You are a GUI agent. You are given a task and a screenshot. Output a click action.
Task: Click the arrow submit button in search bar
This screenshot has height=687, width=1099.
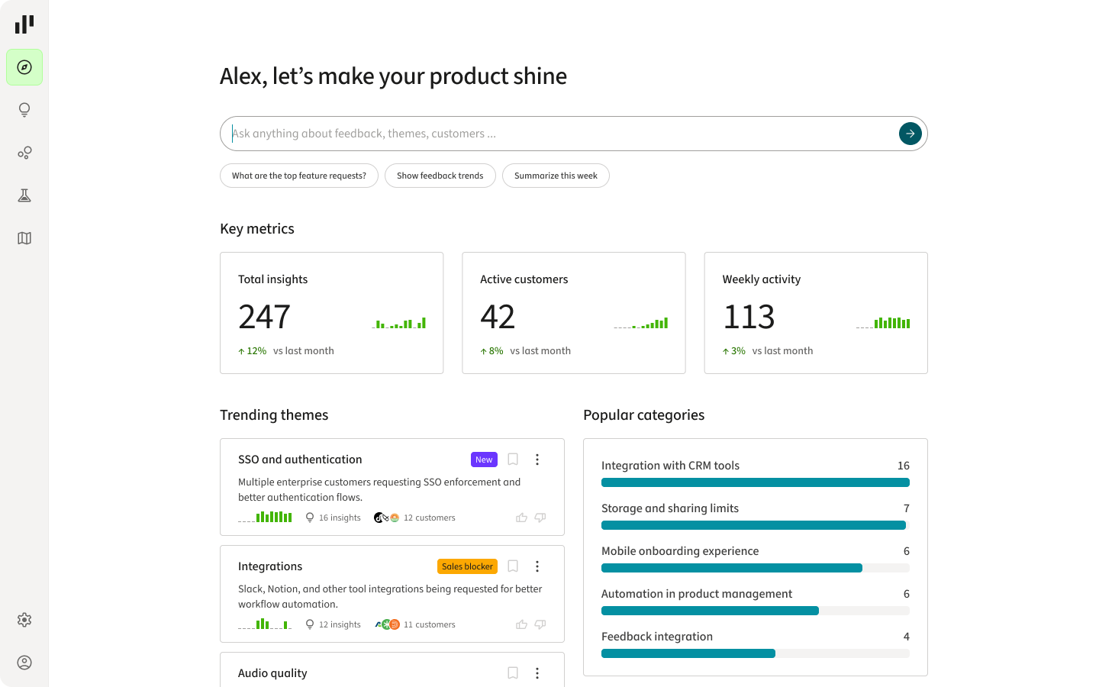(x=910, y=134)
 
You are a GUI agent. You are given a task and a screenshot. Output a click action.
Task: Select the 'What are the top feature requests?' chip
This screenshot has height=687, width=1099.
(x=299, y=176)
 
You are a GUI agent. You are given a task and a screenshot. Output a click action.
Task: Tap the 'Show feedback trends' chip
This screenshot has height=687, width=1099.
(x=440, y=176)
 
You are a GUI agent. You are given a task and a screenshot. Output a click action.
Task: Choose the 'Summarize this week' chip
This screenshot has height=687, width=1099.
(x=556, y=176)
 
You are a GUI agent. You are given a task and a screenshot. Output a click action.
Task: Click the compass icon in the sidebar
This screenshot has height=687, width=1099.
(x=24, y=67)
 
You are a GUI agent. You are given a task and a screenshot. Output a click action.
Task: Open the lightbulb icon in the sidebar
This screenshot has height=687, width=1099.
(x=24, y=110)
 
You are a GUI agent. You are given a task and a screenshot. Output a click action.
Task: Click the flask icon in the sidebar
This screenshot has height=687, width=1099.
(x=24, y=195)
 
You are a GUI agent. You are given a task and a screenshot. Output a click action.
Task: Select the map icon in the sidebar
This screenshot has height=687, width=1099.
(x=24, y=238)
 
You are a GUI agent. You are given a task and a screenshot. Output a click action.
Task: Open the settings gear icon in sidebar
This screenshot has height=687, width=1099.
(x=24, y=620)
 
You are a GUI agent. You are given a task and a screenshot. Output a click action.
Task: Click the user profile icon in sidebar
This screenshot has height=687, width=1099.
(x=24, y=663)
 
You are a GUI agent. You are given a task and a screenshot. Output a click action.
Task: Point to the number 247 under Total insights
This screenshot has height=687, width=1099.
(x=264, y=317)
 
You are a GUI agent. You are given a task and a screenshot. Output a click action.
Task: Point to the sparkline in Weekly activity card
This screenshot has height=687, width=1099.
(x=883, y=323)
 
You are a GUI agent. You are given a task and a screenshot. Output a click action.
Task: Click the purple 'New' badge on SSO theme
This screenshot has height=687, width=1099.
(x=484, y=460)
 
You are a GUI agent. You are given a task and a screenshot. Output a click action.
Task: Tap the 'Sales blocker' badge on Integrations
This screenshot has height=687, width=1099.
(x=467, y=566)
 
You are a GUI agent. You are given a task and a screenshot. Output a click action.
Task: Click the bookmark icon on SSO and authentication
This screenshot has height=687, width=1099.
(x=513, y=460)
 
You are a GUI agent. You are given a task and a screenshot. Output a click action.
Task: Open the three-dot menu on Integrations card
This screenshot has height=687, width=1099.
(x=537, y=566)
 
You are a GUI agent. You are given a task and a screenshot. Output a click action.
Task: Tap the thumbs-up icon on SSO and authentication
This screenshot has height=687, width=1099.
(x=521, y=518)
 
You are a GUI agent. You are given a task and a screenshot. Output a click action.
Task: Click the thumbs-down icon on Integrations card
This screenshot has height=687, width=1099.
(x=540, y=624)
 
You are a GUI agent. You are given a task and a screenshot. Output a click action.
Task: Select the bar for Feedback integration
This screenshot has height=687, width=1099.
(x=688, y=653)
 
